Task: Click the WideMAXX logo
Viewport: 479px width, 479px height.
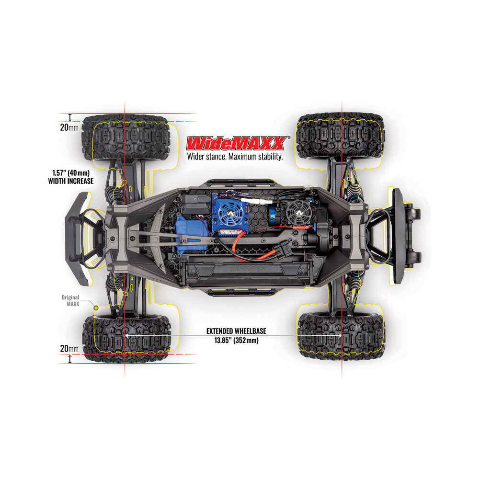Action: (x=237, y=143)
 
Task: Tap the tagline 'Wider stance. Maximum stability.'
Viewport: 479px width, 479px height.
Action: (x=235, y=157)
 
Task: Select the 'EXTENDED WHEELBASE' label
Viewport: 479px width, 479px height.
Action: (x=236, y=331)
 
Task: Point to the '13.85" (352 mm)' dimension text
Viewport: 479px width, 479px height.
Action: (x=236, y=340)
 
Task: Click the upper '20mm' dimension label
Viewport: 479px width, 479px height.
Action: (x=69, y=127)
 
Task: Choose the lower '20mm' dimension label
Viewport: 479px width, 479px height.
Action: (x=69, y=349)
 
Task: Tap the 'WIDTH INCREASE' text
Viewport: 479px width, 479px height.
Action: (x=70, y=181)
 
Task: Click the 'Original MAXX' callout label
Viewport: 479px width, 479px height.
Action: (x=70, y=301)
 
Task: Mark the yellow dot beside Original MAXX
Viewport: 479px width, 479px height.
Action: (x=96, y=308)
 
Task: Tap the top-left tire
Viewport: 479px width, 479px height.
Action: (x=125, y=138)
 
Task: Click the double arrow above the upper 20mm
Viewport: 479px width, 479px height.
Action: (x=70, y=117)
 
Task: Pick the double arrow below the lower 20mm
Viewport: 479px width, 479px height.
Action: (x=70, y=359)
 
